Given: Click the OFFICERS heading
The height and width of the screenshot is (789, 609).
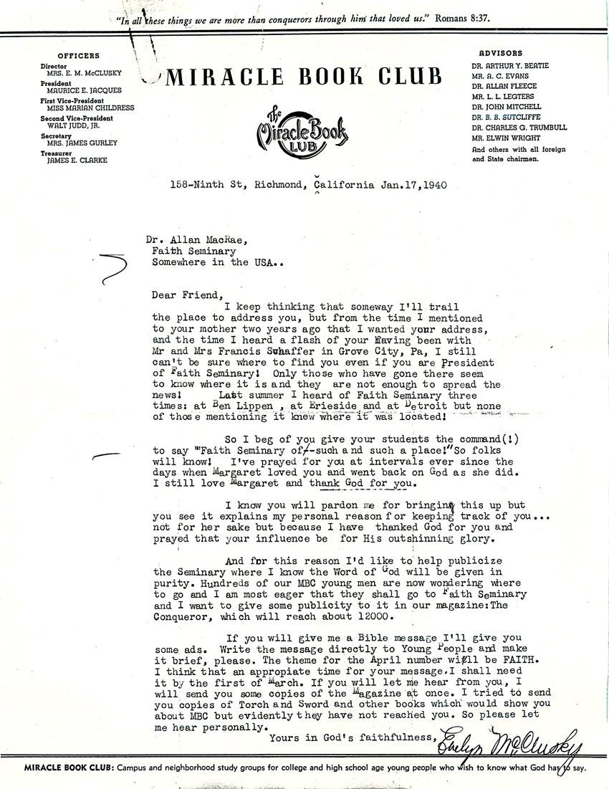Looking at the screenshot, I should (x=79, y=55).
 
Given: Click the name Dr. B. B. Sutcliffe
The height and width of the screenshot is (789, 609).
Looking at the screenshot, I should (x=502, y=116).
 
